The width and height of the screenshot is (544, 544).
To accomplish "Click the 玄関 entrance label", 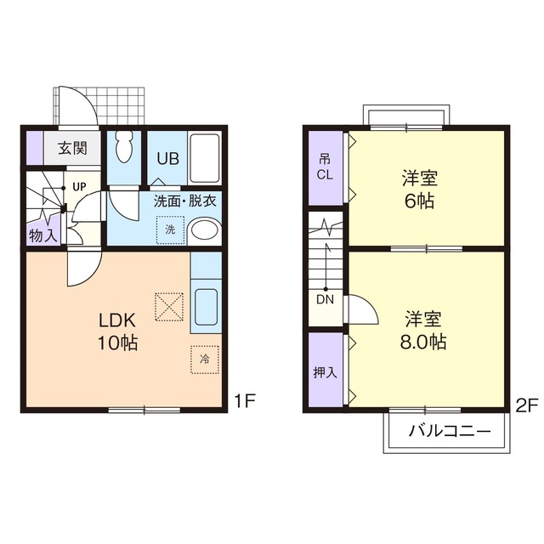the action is (72, 148).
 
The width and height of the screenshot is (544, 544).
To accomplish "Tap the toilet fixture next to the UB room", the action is (124, 147).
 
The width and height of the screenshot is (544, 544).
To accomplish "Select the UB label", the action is (168, 159).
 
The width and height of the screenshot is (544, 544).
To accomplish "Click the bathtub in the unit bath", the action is (205, 158).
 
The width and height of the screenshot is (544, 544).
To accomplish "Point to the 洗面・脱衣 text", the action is (185, 201).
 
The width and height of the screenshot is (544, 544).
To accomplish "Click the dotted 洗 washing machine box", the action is (170, 229).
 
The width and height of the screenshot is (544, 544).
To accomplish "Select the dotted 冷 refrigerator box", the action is (205, 359).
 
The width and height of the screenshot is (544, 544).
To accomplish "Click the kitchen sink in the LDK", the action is (206, 307).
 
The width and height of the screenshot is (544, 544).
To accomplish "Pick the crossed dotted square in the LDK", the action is (169, 307).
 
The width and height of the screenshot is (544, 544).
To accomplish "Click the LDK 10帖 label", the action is (117, 331).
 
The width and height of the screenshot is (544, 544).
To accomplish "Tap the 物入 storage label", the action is (42, 236).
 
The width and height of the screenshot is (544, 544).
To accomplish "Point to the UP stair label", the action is (79, 187).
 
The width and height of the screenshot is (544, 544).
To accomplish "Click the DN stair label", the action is (325, 299).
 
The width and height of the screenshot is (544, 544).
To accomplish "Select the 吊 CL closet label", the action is (325, 167).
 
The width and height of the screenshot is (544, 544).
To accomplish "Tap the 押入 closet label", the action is (325, 372).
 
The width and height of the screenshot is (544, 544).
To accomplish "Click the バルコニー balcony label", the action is (450, 431).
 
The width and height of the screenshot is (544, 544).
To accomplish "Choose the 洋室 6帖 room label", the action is (419, 189).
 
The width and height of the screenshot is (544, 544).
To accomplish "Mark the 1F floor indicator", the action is (245, 401).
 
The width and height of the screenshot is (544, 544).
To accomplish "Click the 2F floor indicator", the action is (527, 405).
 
